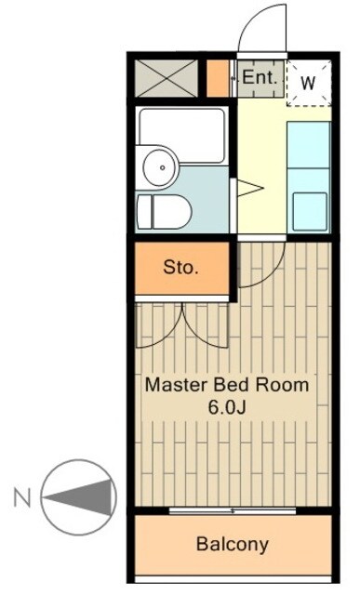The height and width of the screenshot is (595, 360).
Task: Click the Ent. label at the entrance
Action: click(x=260, y=77)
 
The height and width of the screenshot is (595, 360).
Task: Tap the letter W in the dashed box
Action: click(x=308, y=83)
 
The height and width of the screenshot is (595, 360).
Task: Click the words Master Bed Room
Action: click(x=227, y=385)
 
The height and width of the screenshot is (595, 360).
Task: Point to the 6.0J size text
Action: click(x=227, y=407)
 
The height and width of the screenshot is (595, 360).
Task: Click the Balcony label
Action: click(x=232, y=545)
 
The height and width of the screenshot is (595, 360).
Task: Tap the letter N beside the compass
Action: click(x=22, y=497)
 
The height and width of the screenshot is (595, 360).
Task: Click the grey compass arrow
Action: click(x=79, y=497)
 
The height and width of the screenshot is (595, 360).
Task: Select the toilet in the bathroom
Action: click(x=164, y=212)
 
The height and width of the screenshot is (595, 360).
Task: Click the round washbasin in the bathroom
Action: click(x=159, y=167)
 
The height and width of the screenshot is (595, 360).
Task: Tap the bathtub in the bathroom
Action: click(x=182, y=135)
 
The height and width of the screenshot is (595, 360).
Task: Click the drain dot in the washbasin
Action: click(x=163, y=167)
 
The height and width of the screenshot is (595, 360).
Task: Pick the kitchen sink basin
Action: click(x=310, y=211)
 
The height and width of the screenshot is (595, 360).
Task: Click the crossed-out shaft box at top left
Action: click(x=167, y=78)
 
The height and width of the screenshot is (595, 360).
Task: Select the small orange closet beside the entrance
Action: click(x=218, y=78)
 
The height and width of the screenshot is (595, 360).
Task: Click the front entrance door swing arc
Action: click(x=251, y=19)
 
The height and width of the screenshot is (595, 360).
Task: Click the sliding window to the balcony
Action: click(x=233, y=510)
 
